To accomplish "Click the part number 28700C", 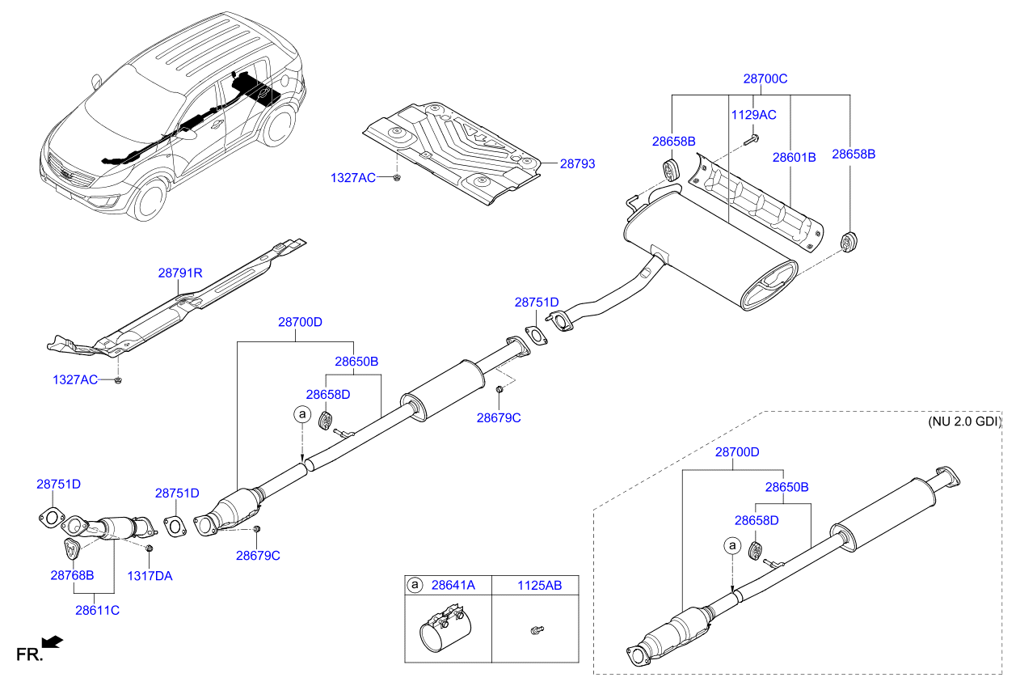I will click(765, 79).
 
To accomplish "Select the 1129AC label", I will click(753, 115).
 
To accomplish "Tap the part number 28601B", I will click(794, 157).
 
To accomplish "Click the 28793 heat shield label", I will click(577, 163).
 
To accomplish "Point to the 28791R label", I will click(179, 273).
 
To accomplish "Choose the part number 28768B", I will click(72, 575).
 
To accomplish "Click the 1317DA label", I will click(150, 575).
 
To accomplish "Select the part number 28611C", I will click(97, 610).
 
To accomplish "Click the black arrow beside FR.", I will click(52, 642).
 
